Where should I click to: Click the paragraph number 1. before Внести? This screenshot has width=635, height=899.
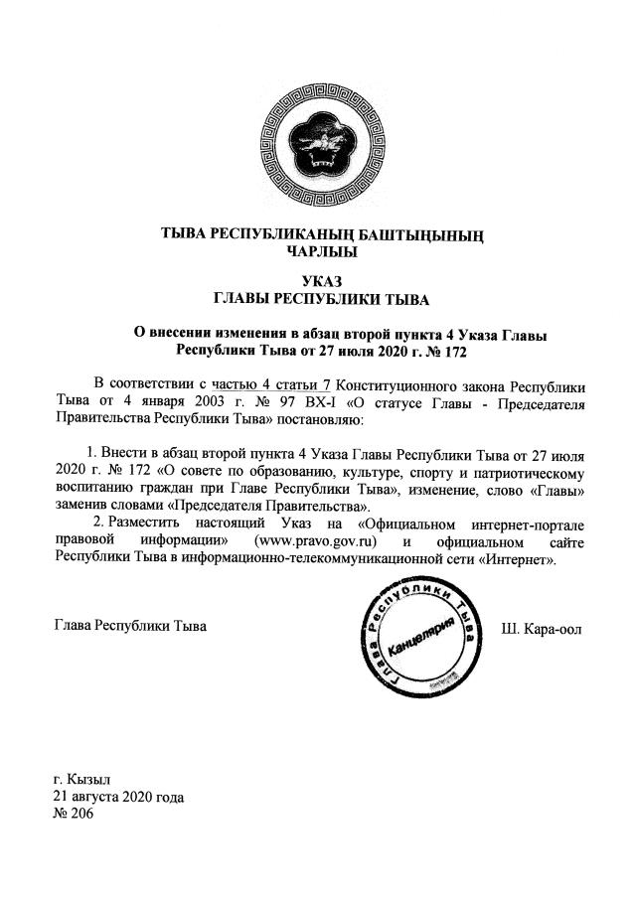pyautogui.click(x=95, y=454)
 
